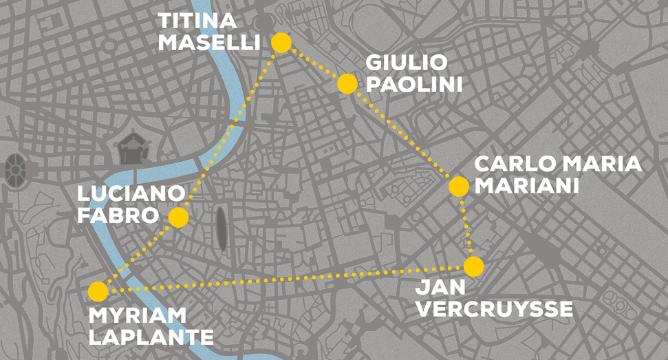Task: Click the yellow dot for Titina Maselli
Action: (x=281, y=43)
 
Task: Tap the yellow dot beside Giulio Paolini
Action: (x=347, y=84)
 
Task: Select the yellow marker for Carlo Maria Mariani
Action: (x=459, y=186)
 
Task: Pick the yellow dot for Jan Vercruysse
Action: (x=473, y=266)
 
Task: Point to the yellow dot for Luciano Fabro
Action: (x=178, y=218)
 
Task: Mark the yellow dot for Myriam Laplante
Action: (x=98, y=292)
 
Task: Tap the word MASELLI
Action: (x=209, y=43)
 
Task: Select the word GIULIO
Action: (x=406, y=63)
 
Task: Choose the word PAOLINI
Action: (x=413, y=84)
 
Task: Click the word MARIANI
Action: (x=527, y=186)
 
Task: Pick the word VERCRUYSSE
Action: (x=495, y=309)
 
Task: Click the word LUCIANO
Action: (x=131, y=194)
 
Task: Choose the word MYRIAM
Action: (x=138, y=316)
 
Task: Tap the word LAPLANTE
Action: (x=151, y=337)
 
